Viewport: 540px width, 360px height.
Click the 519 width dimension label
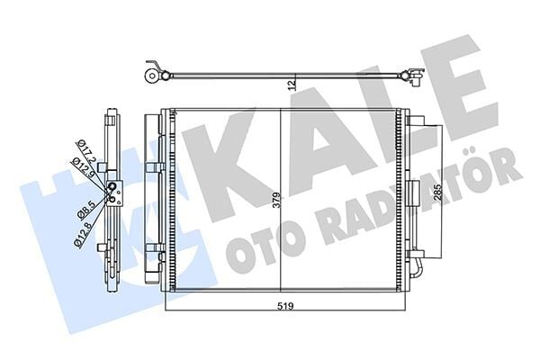pos(285,306)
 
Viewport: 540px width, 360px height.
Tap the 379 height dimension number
pos(276,200)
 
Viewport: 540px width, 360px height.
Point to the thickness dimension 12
pos(292,85)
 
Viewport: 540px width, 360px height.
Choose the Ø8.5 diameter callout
pos(85,210)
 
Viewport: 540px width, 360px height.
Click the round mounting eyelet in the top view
pos(151,76)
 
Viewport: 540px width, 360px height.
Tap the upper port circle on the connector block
pos(112,186)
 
